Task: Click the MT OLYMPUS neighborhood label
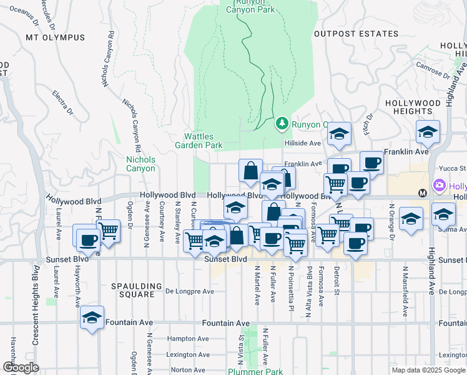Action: (55, 37)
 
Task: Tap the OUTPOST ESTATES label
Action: (356, 34)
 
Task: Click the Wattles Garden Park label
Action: (203, 141)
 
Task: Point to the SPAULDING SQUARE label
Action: (132, 290)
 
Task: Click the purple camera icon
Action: (439, 186)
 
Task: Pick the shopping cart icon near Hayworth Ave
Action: (109, 230)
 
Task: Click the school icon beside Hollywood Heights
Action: (428, 131)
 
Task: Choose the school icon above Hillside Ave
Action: (339, 133)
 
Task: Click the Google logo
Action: (20, 367)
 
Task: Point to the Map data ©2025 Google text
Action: (428, 370)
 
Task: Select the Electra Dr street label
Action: (63, 103)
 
